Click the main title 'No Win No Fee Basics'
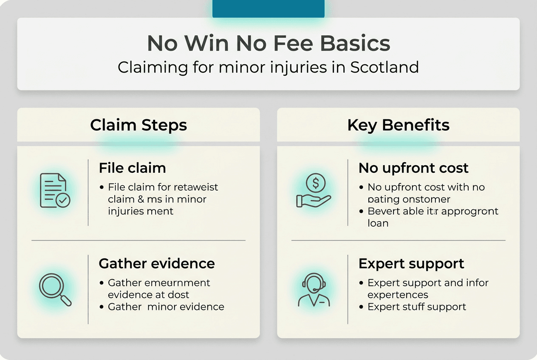pyautogui.click(x=268, y=43)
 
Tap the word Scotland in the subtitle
pyautogui.click(x=384, y=67)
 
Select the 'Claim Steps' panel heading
pyautogui.click(x=138, y=125)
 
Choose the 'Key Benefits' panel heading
pyautogui.click(x=398, y=125)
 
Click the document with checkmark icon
pyautogui.click(x=55, y=191)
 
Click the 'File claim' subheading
pyautogui.click(x=132, y=168)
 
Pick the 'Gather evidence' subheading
pyautogui.click(x=157, y=264)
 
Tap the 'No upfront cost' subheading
pyautogui.click(x=413, y=168)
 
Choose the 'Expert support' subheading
pyautogui.click(x=411, y=264)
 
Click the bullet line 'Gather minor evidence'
pyautogui.click(x=166, y=307)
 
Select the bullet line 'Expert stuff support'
pyautogui.click(x=416, y=307)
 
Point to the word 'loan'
pyautogui.click(x=378, y=223)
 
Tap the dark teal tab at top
pyautogui.click(x=268, y=8)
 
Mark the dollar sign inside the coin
pyautogui.click(x=315, y=183)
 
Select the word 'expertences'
pyautogui.click(x=398, y=295)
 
